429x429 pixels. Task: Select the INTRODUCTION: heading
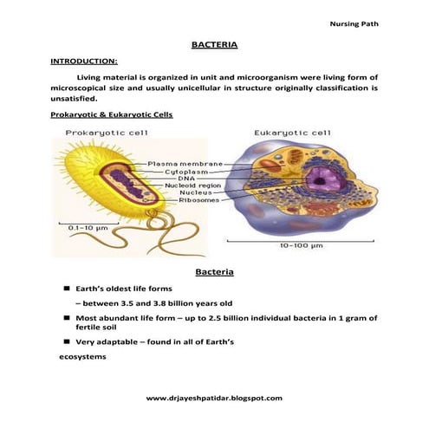(84, 62)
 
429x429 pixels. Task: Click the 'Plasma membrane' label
(185, 163)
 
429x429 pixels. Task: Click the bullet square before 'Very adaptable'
(66, 341)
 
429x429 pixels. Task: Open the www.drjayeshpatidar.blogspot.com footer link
(214, 397)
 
